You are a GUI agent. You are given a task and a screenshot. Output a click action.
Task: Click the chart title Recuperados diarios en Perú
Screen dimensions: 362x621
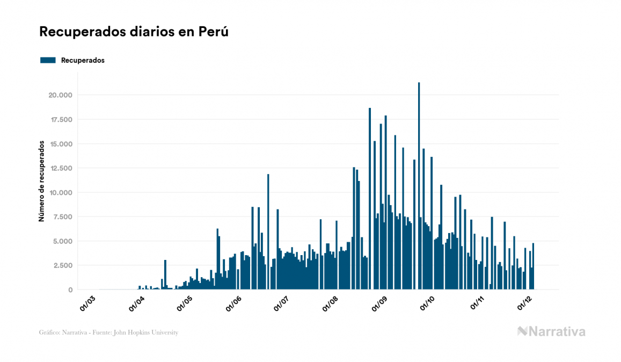134,32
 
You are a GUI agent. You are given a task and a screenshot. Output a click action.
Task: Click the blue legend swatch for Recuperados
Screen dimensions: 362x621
48,60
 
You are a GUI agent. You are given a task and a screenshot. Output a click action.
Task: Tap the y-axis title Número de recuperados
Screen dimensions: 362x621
41,182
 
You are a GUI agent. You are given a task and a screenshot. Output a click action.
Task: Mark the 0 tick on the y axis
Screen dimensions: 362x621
70,290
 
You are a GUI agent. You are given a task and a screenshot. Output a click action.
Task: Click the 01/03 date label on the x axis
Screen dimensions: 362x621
87,303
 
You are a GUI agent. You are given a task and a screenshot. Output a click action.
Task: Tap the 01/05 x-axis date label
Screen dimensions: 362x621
185,303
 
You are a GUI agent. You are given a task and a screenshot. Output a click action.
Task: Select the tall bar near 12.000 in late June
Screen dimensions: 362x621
268,231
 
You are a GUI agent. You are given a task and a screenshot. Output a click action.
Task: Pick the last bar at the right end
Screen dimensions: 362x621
533,266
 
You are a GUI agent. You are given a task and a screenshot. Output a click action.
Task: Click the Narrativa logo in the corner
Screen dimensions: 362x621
551,331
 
